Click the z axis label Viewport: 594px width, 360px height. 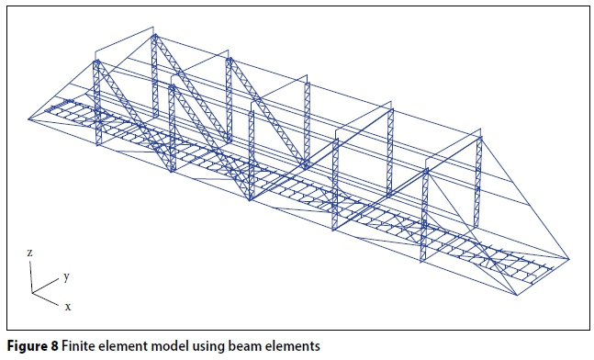(x=31, y=251)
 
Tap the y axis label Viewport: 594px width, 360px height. (x=66, y=276)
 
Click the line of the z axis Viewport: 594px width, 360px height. (x=34, y=274)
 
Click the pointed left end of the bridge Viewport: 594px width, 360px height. (x=29, y=118)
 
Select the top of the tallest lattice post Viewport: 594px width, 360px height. (x=155, y=37)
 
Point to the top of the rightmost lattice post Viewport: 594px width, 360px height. (x=478, y=137)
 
